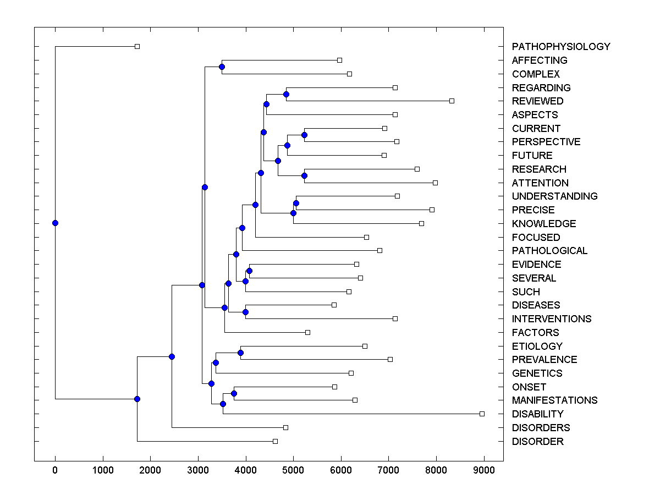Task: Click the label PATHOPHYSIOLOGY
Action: pyautogui.click(x=560, y=47)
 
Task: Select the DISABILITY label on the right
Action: pyautogui.click(x=537, y=414)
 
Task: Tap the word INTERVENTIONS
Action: pyautogui.click(x=551, y=319)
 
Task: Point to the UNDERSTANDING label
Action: pyautogui.click(x=554, y=196)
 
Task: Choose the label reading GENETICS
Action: pyautogui.click(x=537, y=373)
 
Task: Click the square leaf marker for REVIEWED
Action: pyautogui.click(x=452, y=101)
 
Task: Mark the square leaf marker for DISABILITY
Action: pyautogui.click(x=482, y=414)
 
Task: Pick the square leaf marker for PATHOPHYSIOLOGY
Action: pyautogui.click(x=137, y=47)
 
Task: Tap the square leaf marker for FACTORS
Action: pyautogui.click(x=307, y=332)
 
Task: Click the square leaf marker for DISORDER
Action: pyautogui.click(x=275, y=441)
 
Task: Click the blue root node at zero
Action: pyautogui.click(x=55, y=223)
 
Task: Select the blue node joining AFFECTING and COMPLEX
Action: pyautogui.click(x=222, y=67)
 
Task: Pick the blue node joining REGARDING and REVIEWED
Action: pyautogui.click(x=286, y=94)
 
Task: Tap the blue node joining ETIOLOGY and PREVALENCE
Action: pyautogui.click(x=240, y=353)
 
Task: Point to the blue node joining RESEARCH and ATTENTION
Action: pyautogui.click(x=304, y=176)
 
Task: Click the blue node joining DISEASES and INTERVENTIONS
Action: pyautogui.click(x=245, y=312)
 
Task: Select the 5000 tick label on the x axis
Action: pyautogui.click(x=293, y=469)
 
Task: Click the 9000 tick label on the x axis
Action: pyautogui.click(x=483, y=469)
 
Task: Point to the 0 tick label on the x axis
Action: pyautogui.click(x=55, y=469)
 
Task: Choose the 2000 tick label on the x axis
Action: pyautogui.click(x=150, y=469)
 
